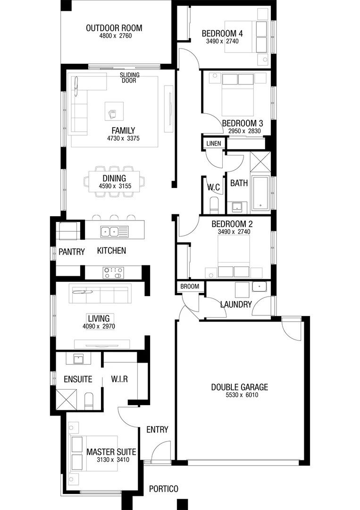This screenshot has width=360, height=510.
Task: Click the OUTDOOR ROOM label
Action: (114, 28)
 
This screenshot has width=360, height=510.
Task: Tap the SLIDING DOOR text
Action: (130, 77)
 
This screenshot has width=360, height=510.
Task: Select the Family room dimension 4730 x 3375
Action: (124, 138)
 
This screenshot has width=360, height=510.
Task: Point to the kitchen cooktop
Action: (113, 273)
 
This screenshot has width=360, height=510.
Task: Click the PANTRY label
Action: (71, 252)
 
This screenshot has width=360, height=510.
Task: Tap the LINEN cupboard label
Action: (213, 144)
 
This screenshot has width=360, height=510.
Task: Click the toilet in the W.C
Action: (214, 205)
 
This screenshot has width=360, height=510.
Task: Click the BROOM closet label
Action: (190, 287)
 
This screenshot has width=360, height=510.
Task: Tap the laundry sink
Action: (260, 287)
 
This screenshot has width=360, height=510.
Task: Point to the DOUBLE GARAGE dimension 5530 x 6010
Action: (242, 395)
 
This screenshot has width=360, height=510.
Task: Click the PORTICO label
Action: (164, 489)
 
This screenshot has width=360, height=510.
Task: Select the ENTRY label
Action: (157, 430)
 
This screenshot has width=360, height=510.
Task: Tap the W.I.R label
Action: (119, 379)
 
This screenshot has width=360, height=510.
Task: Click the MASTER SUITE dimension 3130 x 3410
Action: (113, 460)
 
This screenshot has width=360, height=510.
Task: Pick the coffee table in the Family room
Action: (114, 111)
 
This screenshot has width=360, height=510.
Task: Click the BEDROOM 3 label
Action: (243, 124)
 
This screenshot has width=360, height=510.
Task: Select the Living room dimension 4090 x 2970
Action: (99, 327)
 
